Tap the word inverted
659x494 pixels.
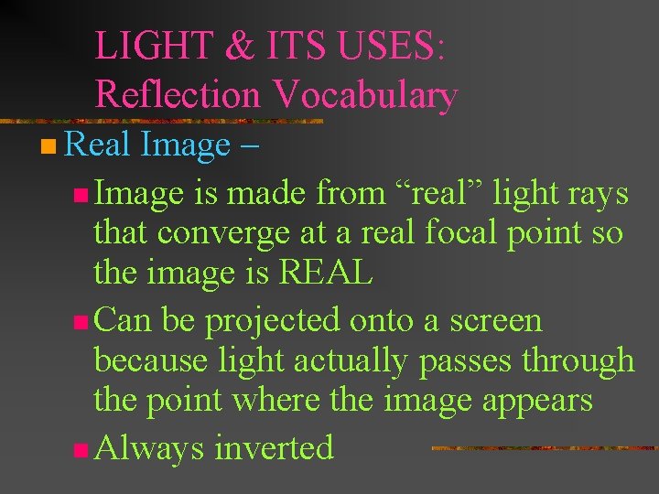[x=275, y=447]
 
